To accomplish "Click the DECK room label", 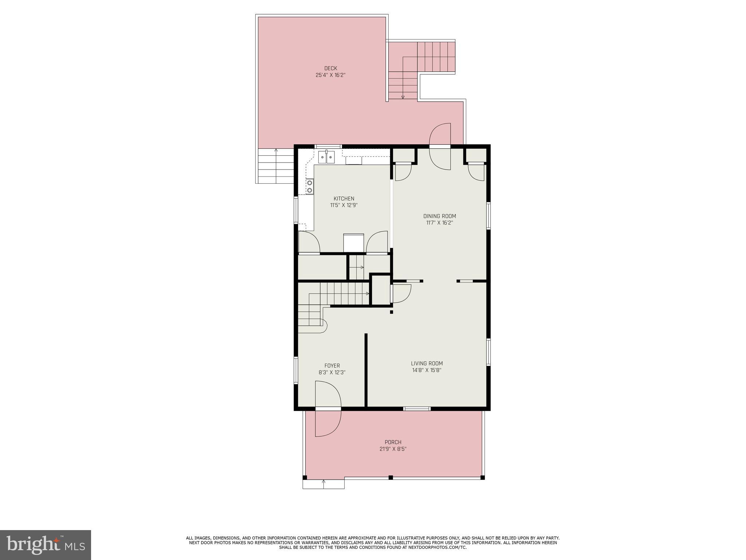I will pyautogui.click(x=330, y=68).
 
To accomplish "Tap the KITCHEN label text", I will pyautogui.click(x=344, y=199).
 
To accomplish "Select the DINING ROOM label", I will pyautogui.click(x=439, y=216).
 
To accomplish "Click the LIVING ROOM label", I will pyautogui.click(x=427, y=363).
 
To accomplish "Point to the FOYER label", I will pyautogui.click(x=332, y=366).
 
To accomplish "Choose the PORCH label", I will pyautogui.click(x=393, y=442).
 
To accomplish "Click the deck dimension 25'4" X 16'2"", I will pyautogui.click(x=330, y=75).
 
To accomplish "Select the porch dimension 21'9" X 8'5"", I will pyautogui.click(x=393, y=449).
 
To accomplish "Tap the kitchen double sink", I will pyautogui.click(x=326, y=157).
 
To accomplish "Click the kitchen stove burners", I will pyautogui.click(x=310, y=186).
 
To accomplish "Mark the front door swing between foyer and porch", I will pyautogui.click(x=328, y=408).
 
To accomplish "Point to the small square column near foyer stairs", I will pyautogui.click(x=392, y=312).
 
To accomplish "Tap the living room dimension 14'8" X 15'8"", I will pyautogui.click(x=427, y=370).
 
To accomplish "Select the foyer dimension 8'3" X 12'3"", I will pyautogui.click(x=332, y=373).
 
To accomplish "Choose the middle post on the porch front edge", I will pyautogui.click(x=390, y=477).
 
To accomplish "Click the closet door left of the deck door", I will pyautogui.click(x=403, y=172).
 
